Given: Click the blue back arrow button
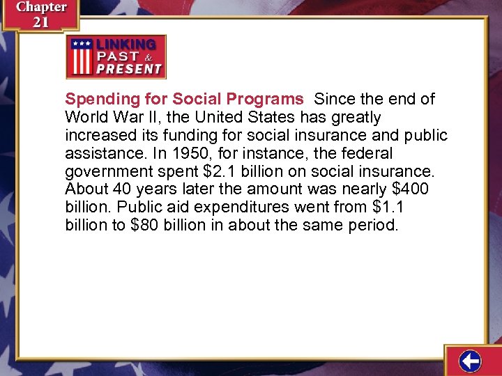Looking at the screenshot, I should click(x=471, y=361).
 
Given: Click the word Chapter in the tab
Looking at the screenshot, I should click(x=41, y=7).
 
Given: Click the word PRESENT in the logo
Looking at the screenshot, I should click(x=129, y=69).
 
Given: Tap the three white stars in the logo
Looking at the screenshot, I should click(x=81, y=43).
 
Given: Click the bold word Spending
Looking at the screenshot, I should click(x=98, y=99).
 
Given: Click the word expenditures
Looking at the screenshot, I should click(x=237, y=207).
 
